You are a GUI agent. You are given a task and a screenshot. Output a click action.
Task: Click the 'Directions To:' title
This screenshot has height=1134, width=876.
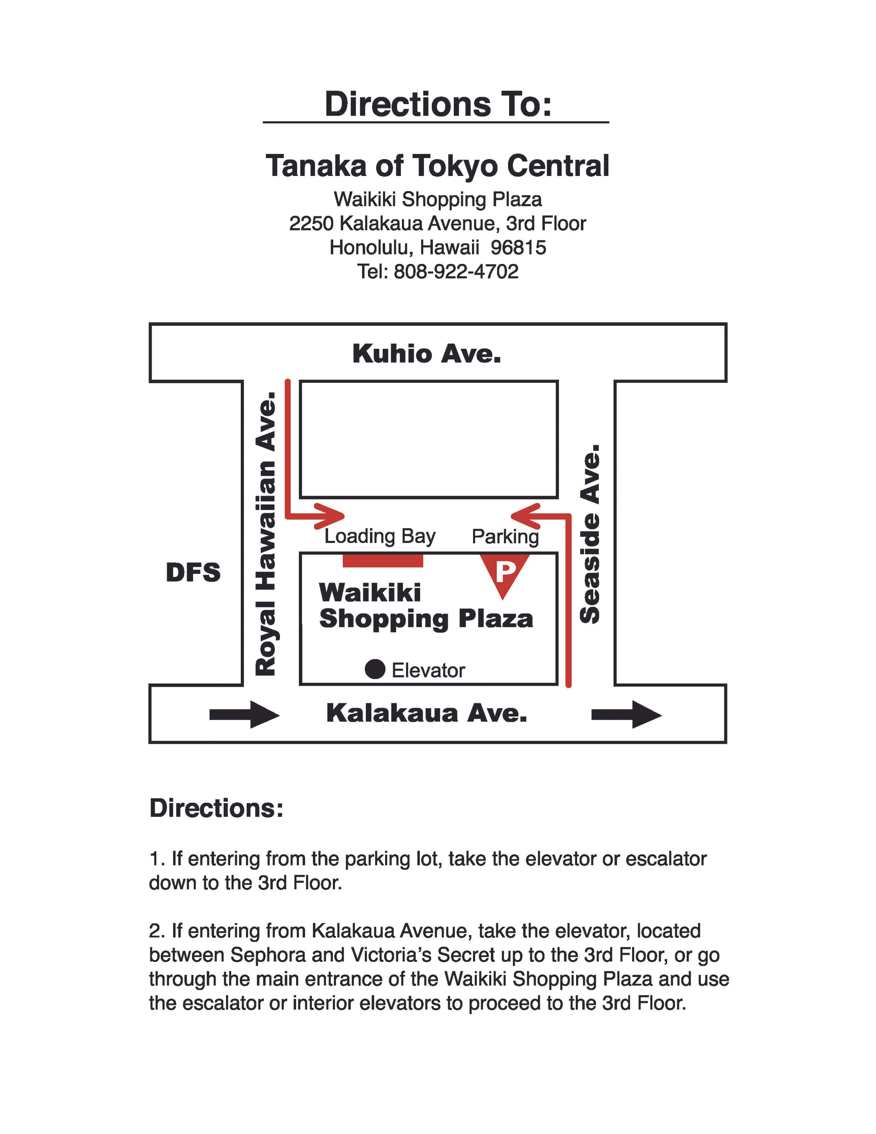point(438,104)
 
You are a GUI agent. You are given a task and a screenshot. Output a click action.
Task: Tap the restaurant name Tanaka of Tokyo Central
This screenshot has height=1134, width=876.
point(438,166)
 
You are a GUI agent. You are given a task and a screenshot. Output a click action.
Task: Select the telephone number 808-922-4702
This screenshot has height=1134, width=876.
point(456,272)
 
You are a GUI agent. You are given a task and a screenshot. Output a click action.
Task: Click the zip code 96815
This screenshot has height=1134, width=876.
point(518,248)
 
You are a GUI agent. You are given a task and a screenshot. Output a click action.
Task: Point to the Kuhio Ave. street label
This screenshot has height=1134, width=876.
point(426,354)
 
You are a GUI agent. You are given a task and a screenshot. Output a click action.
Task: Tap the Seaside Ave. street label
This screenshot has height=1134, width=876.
point(590,534)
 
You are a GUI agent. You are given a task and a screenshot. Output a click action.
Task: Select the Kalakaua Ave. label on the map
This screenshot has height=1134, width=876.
point(426,713)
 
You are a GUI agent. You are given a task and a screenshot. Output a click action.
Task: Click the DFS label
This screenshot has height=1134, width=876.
point(193,573)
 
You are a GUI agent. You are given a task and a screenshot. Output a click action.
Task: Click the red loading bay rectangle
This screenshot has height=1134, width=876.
point(383,561)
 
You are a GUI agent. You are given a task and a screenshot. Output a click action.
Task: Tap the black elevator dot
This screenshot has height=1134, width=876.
point(375,669)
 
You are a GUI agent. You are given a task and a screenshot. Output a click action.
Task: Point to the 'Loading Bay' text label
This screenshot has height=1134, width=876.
point(380,536)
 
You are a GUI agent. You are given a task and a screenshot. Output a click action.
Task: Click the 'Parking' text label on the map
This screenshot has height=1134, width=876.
point(505,536)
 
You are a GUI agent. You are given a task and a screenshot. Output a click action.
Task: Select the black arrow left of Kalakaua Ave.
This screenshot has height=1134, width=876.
point(244,715)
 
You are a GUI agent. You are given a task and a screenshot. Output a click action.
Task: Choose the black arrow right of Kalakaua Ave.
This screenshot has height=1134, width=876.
point(627,715)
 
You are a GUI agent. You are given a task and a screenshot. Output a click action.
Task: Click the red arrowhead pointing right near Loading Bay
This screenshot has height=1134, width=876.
point(332,516)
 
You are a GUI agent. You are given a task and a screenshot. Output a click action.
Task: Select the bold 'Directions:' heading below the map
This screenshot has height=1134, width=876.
point(217,808)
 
